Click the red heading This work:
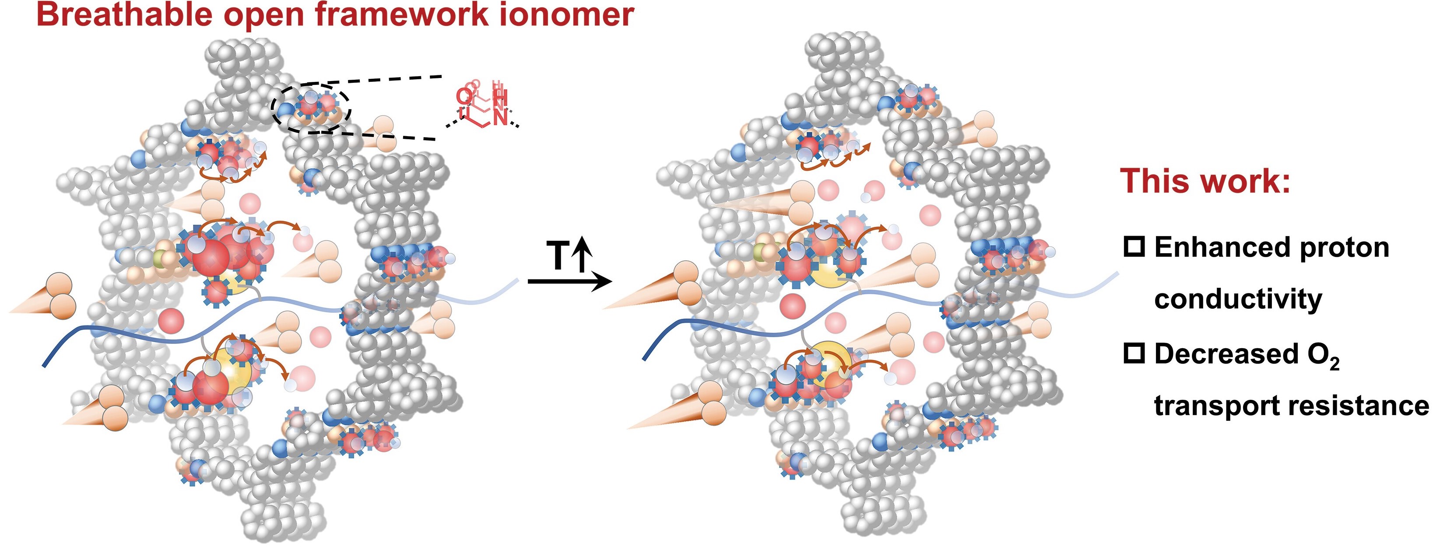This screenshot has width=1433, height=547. [x=1205, y=181]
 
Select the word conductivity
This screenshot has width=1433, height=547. [x=1238, y=300]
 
